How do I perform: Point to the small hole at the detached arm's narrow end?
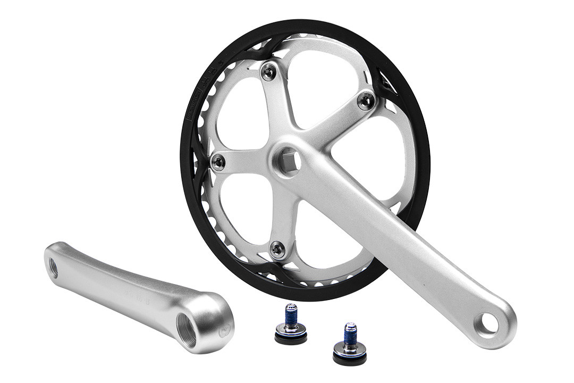click(x=53, y=267)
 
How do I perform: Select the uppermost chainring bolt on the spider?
click(x=269, y=71)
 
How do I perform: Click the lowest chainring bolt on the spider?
click(x=276, y=248)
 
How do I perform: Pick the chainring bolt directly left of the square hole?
click(x=217, y=163)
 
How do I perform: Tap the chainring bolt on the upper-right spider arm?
click(x=365, y=101)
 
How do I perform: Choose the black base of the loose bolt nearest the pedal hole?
click(x=349, y=356)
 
